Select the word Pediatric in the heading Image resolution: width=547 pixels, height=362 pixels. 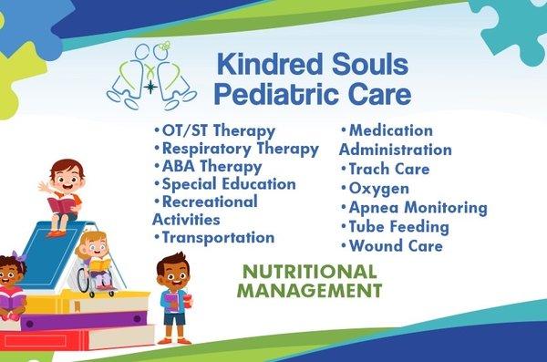(273, 93)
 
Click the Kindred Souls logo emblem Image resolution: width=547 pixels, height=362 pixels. (151, 78)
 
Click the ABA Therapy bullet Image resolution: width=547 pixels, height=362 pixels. (212, 166)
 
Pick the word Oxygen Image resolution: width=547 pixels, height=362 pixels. (375, 188)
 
